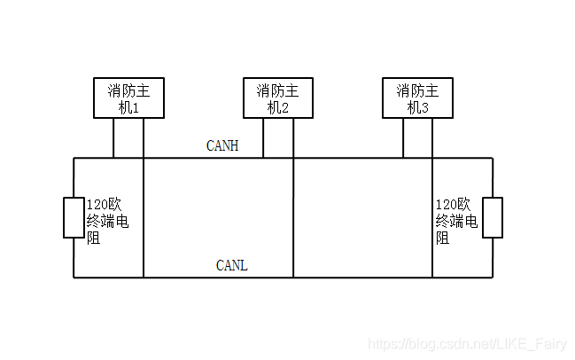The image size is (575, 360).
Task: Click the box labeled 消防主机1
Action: click(x=129, y=98)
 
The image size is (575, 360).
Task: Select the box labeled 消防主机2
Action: click(x=278, y=98)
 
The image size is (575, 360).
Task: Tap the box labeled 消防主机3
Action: click(x=417, y=98)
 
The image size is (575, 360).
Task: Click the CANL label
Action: click(x=232, y=265)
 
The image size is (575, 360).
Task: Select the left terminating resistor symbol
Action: click(x=74, y=218)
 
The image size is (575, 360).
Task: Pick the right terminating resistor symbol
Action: click(x=492, y=218)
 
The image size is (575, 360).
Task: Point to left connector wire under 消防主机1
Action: click(x=113, y=138)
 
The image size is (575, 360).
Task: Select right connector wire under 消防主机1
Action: click(x=144, y=138)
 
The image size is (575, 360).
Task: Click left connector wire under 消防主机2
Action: click(x=263, y=138)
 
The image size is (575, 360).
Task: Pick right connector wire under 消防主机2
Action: click(x=292, y=138)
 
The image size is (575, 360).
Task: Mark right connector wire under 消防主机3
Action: click(x=432, y=138)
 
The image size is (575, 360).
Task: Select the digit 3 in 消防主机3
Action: click(x=424, y=107)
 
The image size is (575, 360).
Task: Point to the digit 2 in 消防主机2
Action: click(x=284, y=107)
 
